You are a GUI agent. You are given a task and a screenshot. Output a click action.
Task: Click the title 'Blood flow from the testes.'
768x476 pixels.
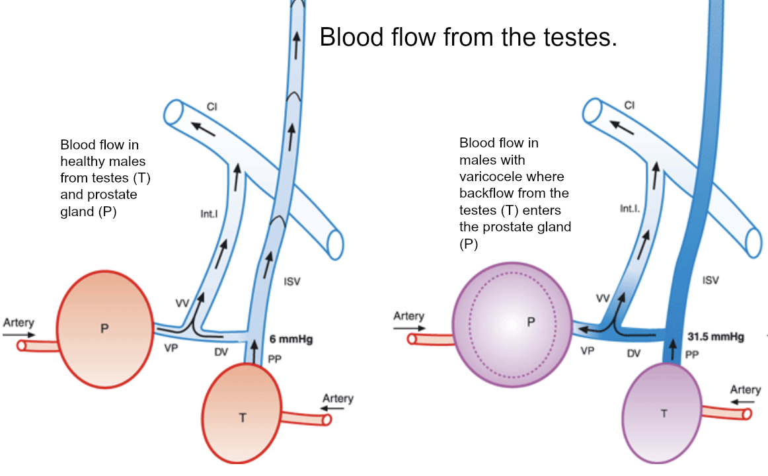(468, 37)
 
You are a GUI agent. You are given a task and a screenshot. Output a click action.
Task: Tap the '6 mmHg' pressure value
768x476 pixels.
(291, 340)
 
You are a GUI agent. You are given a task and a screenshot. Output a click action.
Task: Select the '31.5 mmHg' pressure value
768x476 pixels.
(716, 337)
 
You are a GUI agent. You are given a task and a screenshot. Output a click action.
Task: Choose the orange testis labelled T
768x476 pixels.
(243, 415)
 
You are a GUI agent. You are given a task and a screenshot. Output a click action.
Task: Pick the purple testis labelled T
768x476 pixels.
(663, 414)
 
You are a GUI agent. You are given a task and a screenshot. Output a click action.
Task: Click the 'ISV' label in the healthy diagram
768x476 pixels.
(292, 282)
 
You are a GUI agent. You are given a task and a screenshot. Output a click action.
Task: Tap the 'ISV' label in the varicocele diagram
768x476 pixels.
(710, 280)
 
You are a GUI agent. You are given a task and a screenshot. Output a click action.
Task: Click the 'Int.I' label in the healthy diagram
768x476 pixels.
(210, 213)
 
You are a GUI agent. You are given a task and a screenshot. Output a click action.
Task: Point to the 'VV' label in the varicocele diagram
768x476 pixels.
(602, 299)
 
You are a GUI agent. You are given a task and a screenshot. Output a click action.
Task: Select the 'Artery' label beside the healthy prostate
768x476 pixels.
(19, 323)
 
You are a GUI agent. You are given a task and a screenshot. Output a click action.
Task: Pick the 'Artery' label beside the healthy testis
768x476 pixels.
(338, 399)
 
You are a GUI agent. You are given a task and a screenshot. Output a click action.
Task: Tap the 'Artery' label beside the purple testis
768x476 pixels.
(746, 389)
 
